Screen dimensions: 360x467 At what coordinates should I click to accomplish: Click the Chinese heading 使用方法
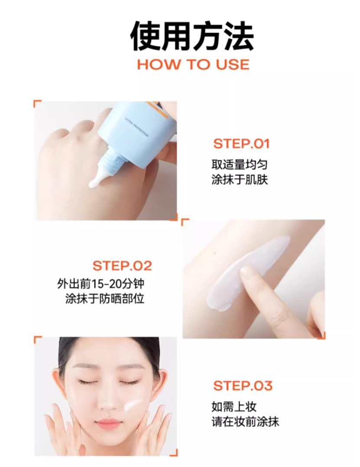click(x=192, y=36)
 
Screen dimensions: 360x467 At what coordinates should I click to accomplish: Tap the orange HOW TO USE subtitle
click(x=193, y=65)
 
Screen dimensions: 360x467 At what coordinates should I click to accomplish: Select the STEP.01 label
click(x=241, y=144)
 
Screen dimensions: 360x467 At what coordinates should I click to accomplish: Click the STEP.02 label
click(x=122, y=266)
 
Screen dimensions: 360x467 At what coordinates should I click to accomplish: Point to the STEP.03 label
click(x=243, y=385)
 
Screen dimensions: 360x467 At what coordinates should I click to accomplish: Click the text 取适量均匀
click(x=240, y=164)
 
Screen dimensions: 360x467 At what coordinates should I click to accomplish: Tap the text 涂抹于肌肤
click(x=240, y=180)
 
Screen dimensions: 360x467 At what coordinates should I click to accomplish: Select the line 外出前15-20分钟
click(x=101, y=284)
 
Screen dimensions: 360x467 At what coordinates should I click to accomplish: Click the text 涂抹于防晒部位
click(x=104, y=298)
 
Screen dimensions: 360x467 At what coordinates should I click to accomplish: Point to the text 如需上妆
click(x=234, y=407)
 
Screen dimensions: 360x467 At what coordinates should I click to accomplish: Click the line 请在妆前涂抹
click(x=245, y=422)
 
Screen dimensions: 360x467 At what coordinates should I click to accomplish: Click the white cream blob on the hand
click(x=94, y=183)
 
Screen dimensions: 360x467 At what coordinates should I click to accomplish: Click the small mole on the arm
click(x=215, y=254)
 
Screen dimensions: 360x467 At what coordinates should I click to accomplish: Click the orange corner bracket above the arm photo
click(x=185, y=222)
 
